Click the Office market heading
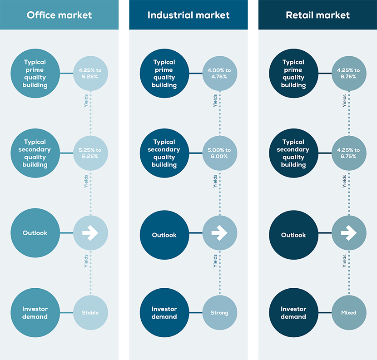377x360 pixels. tap(59, 15)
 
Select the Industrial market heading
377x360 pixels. tap(188, 15)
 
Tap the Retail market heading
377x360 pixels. tap(317, 15)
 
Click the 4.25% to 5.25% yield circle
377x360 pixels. tap(90, 73)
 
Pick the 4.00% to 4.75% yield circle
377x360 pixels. tap(220, 73)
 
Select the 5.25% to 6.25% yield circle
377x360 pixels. tap(90, 153)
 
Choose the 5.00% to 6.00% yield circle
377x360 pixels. tap(220, 153)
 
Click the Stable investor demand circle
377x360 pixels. tap(90, 312)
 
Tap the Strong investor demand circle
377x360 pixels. tap(220, 312)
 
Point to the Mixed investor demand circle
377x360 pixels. tap(349, 312)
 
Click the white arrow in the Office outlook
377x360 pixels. tap(90, 232)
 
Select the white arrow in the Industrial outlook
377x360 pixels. tap(219, 232)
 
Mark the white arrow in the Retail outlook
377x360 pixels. tap(349, 232)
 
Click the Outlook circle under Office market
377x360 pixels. tap(35, 232)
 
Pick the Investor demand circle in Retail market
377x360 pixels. tap(293, 312)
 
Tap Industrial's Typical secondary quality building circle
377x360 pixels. tap(164, 153)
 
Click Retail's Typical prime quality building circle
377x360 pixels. tap(293, 73)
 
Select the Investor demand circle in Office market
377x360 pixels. tap(35, 312)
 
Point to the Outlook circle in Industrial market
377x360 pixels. tap(164, 235)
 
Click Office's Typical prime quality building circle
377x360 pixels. tap(35, 73)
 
